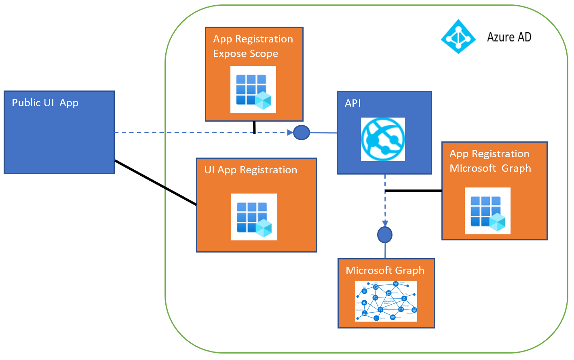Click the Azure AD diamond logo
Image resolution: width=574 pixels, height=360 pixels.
[458, 37]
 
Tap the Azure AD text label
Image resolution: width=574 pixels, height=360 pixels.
[509, 37]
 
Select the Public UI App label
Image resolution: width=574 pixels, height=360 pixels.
[45, 103]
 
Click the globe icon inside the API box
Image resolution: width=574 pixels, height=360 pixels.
[383, 139]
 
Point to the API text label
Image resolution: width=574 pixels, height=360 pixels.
[352, 103]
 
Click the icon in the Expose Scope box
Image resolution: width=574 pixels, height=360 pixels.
[253, 89]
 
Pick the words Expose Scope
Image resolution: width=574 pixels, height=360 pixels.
[245, 54]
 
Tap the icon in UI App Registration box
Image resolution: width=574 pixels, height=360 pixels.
[254, 217]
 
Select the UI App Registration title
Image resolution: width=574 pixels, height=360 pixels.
[251, 170]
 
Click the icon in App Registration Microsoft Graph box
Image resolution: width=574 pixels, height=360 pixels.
[487, 211]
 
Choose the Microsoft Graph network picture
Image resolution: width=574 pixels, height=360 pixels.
[386, 301]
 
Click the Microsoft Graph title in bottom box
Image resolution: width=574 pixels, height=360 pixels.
[385, 270]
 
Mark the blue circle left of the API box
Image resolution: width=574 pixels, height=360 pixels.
[302, 133]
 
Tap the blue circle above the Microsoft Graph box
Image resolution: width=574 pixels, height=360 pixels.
[385, 235]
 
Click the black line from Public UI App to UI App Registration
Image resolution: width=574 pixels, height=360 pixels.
[156, 183]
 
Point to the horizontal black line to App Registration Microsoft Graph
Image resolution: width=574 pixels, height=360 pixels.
[413, 191]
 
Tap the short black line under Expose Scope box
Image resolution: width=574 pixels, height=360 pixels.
[254, 127]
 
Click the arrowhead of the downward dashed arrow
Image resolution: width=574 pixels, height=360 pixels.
[385, 223]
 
